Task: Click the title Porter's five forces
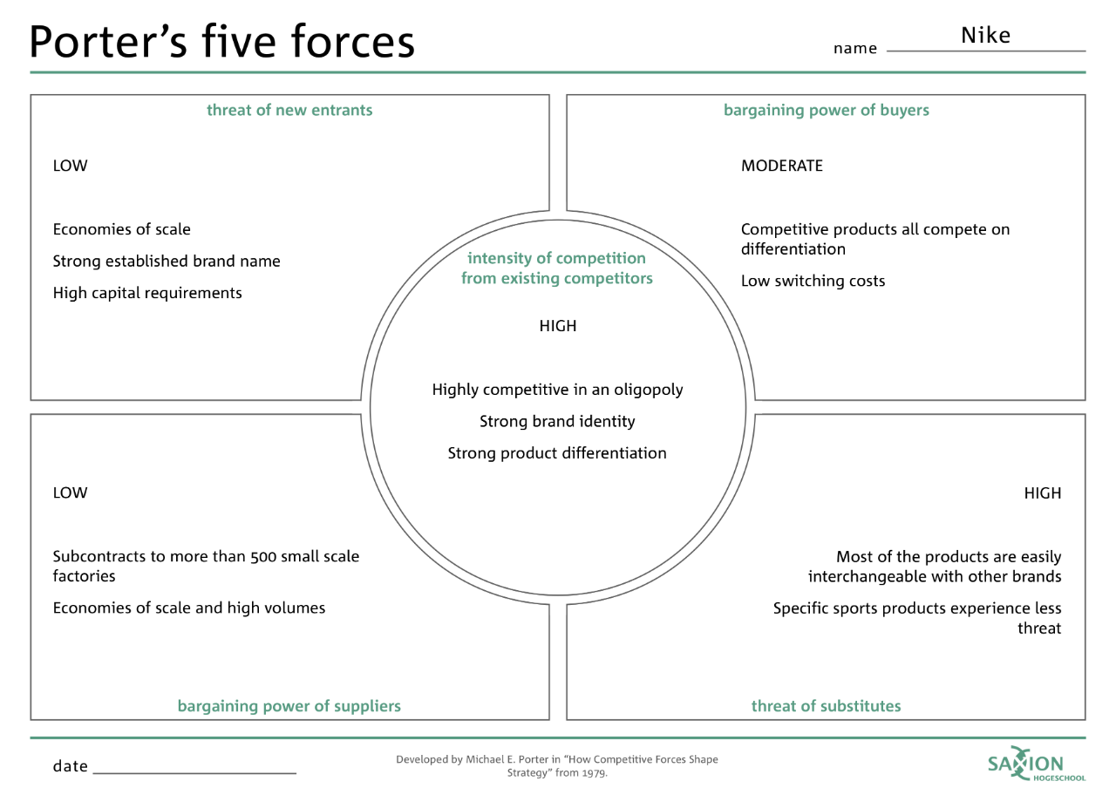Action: tap(221, 41)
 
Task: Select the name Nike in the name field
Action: tap(985, 36)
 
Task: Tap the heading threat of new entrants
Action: tap(289, 110)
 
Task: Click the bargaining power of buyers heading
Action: tap(826, 110)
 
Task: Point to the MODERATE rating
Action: tap(781, 166)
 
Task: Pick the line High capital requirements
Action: tap(147, 293)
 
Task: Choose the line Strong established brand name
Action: tap(167, 261)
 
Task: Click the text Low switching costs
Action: tap(813, 281)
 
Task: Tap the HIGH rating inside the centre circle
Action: tap(558, 326)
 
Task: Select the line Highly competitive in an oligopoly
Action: tap(557, 390)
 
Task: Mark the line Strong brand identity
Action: tap(557, 421)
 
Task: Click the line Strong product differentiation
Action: tap(557, 453)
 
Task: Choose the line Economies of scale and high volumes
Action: tap(189, 608)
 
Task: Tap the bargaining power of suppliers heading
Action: tap(289, 706)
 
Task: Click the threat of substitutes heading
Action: tap(826, 706)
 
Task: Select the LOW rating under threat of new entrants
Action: tap(70, 166)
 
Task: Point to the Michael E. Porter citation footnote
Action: tap(557, 765)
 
